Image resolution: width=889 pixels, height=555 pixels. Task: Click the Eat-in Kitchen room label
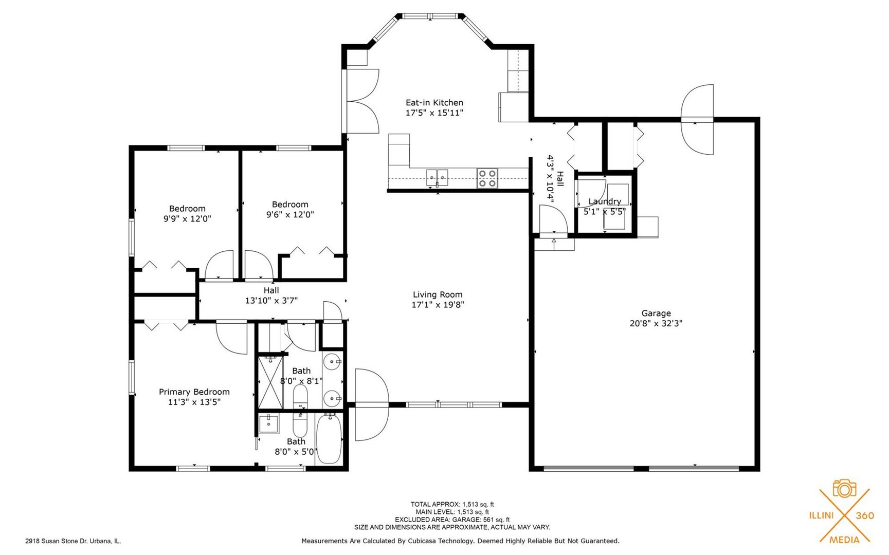[x=434, y=103]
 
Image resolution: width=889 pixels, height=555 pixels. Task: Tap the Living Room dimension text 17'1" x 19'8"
[x=438, y=305]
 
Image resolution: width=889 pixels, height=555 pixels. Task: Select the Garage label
[x=656, y=313]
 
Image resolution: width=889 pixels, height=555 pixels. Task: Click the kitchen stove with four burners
[x=487, y=178]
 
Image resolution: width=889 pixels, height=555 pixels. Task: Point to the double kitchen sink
[x=437, y=177]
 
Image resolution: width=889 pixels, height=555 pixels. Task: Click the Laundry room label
[x=604, y=201]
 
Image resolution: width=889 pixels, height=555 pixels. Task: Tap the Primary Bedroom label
[x=194, y=392]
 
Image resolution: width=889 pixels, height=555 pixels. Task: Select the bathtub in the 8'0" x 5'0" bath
[x=329, y=439]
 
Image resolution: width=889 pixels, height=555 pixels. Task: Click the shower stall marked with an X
[x=270, y=382]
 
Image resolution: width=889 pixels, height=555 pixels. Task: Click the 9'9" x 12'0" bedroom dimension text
[x=187, y=219]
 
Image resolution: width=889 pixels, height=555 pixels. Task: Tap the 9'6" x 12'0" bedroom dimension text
[x=290, y=215]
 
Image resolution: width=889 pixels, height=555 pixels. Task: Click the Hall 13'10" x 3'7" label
[x=271, y=295]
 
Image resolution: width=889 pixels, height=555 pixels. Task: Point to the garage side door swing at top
[x=698, y=120]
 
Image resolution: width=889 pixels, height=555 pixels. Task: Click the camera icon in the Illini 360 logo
[x=844, y=489]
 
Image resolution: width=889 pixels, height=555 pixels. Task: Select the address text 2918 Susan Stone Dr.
[x=73, y=541]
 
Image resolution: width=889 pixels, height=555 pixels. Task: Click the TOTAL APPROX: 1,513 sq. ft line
[x=452, y=505]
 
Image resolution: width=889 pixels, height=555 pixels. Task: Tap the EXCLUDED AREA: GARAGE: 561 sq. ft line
[x=452, y=520]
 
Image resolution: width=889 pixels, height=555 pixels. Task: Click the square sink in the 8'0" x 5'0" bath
[x=268, y=424]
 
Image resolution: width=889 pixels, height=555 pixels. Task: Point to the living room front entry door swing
[x=371, y=405]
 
